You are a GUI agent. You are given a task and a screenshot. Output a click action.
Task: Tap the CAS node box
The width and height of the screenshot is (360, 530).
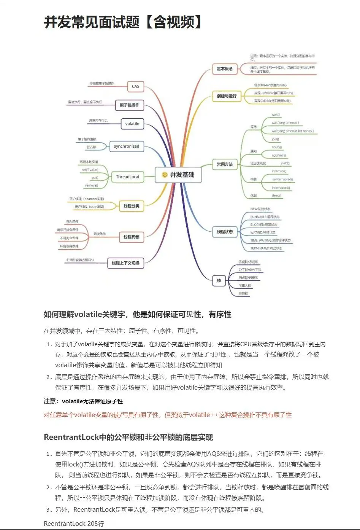pos(135,86)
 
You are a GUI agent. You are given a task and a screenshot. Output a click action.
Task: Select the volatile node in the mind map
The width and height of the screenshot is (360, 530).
pos(132,124)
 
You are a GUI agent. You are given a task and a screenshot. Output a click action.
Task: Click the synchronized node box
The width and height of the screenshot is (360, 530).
pos(127,146)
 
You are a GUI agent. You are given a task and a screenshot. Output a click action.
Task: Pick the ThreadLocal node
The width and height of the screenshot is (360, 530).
pos(127,177)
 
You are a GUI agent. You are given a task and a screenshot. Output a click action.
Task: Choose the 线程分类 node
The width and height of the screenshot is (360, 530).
pos(131,206)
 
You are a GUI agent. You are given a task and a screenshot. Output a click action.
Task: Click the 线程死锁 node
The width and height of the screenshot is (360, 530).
pos(131,237)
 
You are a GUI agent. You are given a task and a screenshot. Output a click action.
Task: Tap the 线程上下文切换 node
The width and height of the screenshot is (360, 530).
pos(125,263)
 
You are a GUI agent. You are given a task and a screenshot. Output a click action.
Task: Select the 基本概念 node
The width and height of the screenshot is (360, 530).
pos(224,69)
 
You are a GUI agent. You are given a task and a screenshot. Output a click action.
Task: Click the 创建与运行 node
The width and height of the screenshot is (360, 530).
pos(227,96)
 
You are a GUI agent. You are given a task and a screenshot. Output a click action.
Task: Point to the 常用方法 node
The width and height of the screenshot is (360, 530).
pos(224,164)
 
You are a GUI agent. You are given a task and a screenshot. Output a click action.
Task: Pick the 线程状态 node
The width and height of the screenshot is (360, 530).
pos(225,231)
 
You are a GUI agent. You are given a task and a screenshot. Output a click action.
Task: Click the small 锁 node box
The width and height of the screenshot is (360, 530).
pos(219,280)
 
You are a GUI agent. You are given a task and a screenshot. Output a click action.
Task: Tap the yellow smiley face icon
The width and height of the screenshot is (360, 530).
pos(165,175)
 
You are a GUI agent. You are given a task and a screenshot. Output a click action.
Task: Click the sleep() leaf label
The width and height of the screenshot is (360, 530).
pos(276,196)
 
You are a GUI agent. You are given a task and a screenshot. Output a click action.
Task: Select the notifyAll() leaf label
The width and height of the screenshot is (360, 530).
pos(279,155)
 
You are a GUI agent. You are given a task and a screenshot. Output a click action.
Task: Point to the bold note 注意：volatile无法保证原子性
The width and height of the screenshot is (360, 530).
pos(83,401)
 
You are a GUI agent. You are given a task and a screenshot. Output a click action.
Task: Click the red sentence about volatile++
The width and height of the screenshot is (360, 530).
pos(168,415)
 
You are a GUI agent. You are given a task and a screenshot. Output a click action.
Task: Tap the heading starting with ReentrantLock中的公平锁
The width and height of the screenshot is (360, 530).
pos(128,437)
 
